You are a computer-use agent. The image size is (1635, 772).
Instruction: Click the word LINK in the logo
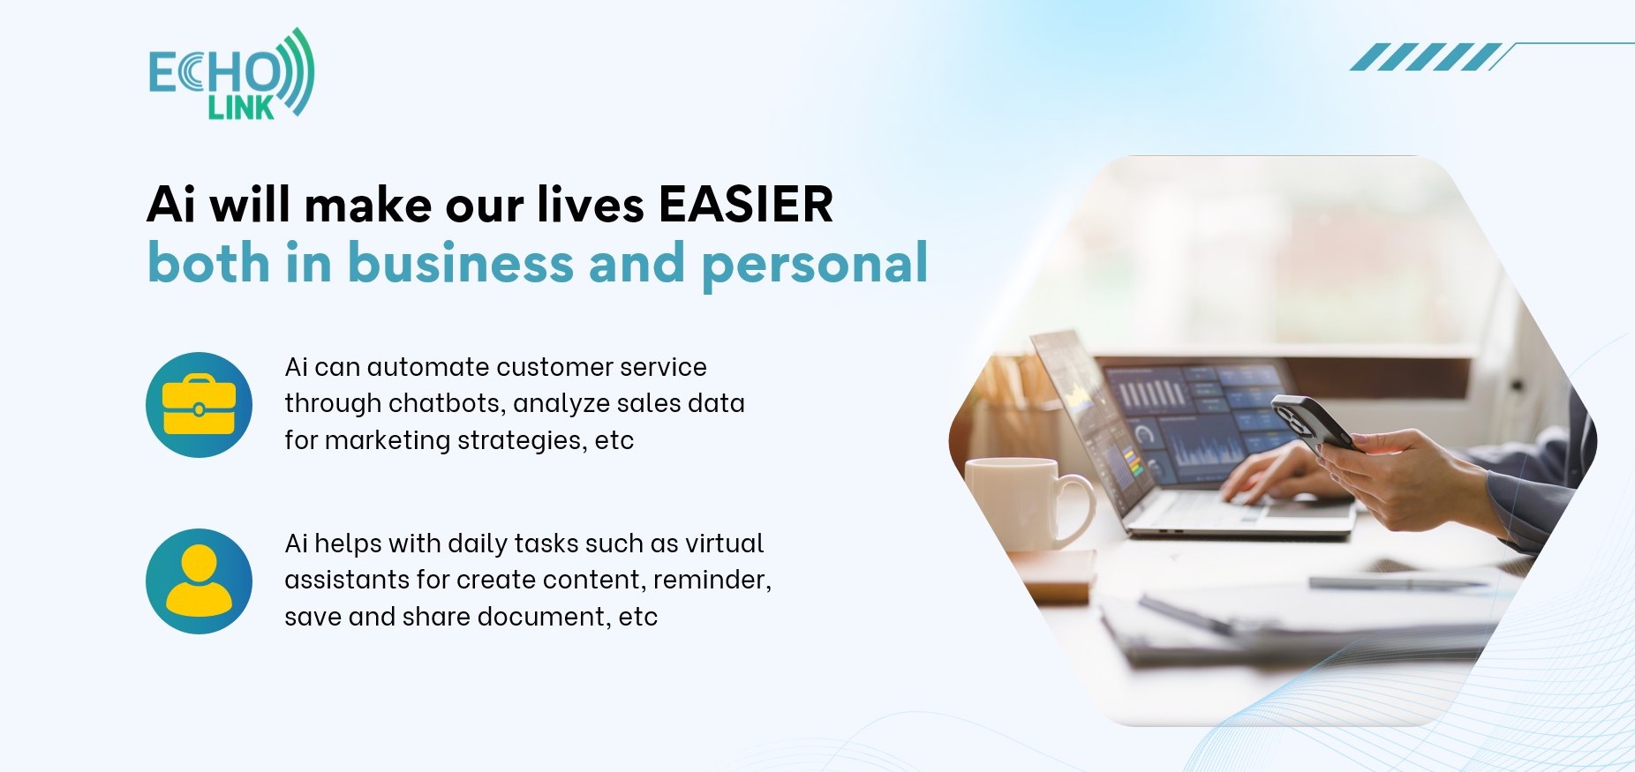point(241,108)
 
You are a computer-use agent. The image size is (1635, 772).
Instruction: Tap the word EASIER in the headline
point(746,205)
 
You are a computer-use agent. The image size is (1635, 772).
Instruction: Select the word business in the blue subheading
point(461,263)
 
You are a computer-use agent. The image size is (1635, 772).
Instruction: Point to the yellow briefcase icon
point(199,405)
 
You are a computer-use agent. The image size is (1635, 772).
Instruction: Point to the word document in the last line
point(544,616)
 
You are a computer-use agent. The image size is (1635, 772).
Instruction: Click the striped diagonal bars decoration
point(1426,56)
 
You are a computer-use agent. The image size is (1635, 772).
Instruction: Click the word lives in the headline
point(591,205)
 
